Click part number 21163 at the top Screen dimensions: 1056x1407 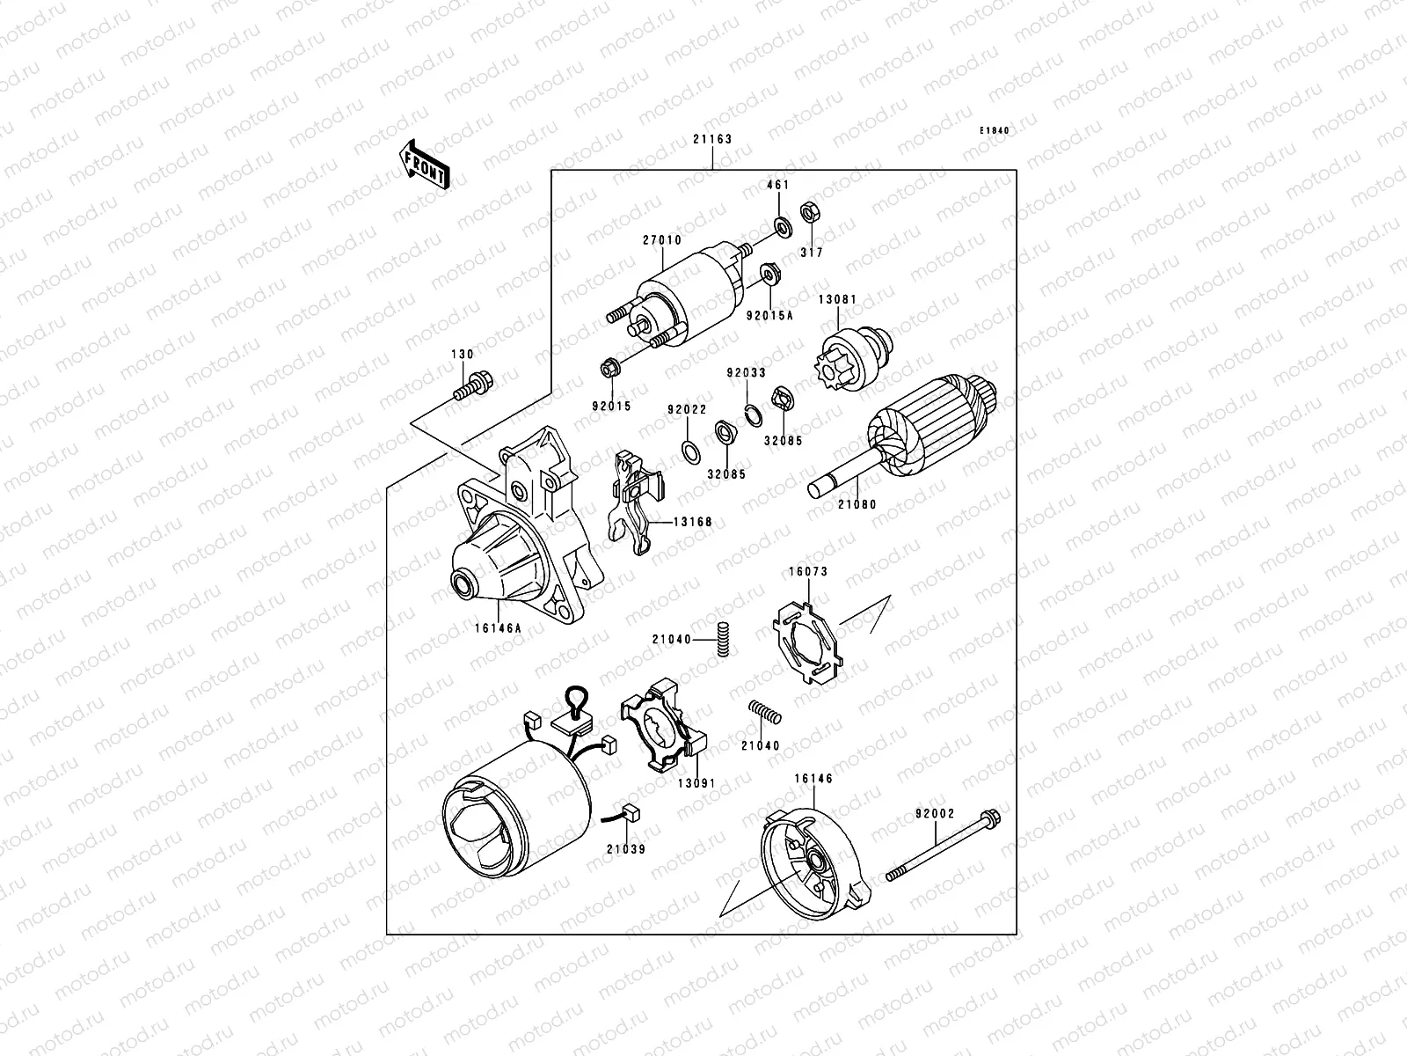tap(711, 139)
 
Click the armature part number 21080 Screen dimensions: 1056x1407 tap(857, 505)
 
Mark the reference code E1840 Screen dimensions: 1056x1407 tap(995, 131)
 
